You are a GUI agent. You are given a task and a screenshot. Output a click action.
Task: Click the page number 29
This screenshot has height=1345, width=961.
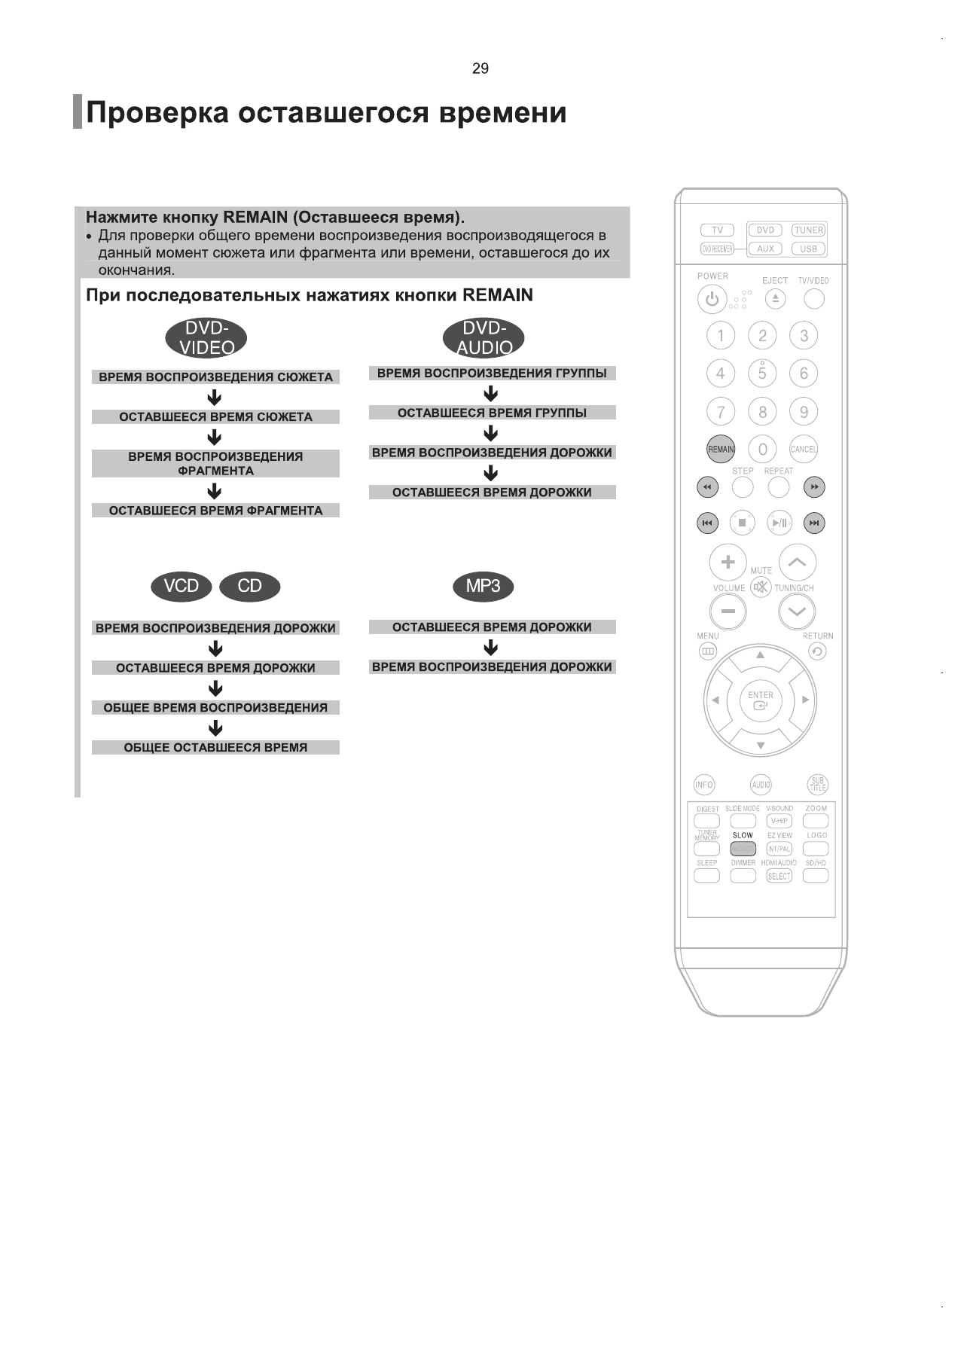click(x=480, y=69)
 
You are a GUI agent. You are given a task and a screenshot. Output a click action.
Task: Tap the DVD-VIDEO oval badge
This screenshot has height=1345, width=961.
click(x=206, y=337)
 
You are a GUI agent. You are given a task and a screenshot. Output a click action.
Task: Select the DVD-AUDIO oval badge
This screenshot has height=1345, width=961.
click(x=484, y=337)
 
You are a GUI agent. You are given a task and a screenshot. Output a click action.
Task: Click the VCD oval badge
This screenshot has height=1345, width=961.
click(x=182, y=587)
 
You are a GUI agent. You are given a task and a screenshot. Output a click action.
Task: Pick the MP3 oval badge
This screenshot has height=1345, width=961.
click(x=483, y=587)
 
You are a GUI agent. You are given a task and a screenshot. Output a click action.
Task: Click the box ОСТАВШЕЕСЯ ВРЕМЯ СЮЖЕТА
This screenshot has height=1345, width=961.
click(x=215, y=417)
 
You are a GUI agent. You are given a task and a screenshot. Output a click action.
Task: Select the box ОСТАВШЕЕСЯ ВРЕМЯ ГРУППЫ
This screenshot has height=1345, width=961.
click(x=492, y=413)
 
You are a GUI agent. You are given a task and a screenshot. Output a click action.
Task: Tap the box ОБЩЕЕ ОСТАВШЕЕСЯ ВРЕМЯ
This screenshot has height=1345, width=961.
click(x=215, y=748)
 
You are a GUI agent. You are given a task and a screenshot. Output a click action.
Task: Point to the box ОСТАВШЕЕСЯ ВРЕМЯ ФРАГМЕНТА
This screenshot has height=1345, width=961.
click(x=215, y=511)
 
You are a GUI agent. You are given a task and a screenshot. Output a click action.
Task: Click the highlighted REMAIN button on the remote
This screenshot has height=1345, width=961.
click(x=721, y=450)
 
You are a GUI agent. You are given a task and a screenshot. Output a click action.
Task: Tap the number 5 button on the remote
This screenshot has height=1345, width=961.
click(x=762, y=373)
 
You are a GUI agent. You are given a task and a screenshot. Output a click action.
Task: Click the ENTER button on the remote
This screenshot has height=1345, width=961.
click(x=761, y=701)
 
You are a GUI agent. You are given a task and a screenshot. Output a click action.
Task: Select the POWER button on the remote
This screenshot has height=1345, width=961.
click(x=712, y=300)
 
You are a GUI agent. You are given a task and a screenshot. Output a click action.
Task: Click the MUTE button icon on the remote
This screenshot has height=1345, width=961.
click(x=761, y=587)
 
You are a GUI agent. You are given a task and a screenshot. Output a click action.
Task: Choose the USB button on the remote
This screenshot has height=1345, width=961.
click(x=808, y=249)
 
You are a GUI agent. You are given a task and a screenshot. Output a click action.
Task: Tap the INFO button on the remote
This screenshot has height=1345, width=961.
click(x=704, y=785)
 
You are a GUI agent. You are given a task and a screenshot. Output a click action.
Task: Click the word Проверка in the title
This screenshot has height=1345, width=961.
click(x=157, y=113)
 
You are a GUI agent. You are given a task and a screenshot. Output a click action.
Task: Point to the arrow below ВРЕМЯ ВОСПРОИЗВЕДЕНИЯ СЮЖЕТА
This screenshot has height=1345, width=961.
click(x=215, y=397)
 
